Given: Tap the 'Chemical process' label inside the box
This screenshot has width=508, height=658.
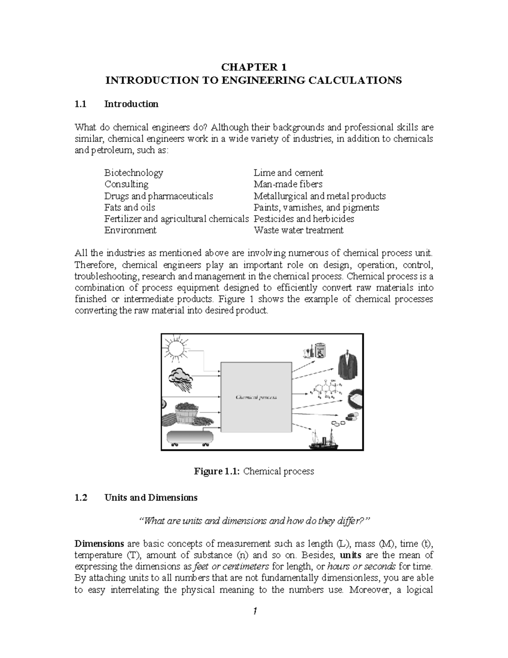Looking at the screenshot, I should [256, 397].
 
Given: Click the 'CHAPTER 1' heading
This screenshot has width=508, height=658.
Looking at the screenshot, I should [254, 67].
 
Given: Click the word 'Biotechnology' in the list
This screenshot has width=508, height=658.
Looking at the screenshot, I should [133, 173].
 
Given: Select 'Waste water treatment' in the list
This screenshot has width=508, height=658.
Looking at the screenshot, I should [298, 230].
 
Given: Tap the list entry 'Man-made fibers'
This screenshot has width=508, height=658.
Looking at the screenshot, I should [288, 184].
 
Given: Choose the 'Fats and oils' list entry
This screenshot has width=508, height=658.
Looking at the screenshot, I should [130, 207].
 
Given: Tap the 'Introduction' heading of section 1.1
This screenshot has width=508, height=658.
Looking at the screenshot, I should [131, 104].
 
